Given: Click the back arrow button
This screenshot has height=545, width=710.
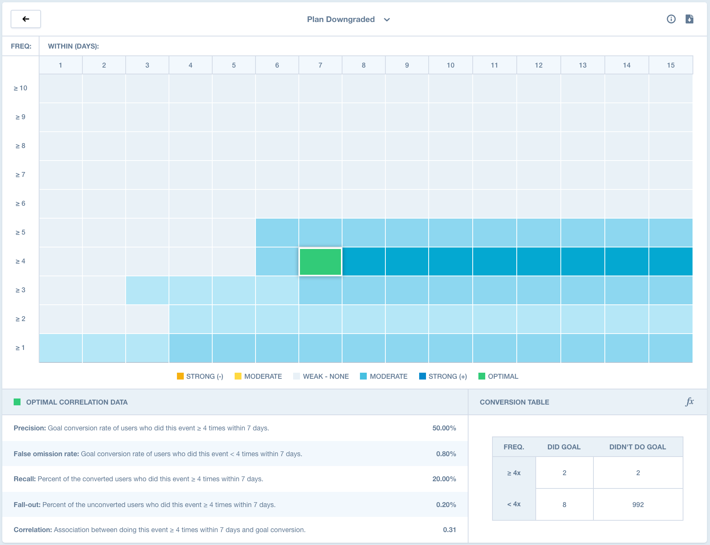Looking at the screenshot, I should [26, 19].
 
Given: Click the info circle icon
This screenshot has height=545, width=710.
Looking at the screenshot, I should [671, 19].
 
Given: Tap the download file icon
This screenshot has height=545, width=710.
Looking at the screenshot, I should [689, 19].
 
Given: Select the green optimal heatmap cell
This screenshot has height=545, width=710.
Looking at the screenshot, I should [320, 261].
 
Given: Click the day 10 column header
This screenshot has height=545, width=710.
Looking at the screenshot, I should [450, 65].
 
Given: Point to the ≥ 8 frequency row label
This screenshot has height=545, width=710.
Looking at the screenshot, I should [20, 146].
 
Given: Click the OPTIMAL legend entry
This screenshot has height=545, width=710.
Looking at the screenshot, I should [498, 376].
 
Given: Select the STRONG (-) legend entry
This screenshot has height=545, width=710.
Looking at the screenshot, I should [200, 376].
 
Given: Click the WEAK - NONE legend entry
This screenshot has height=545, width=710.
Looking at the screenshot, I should [321, 376].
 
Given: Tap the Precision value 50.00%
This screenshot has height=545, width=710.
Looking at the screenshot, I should [444, 428].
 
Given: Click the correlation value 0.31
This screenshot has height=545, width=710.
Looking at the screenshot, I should [449, 530].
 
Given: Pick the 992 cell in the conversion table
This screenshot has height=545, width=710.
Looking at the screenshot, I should [638, 504].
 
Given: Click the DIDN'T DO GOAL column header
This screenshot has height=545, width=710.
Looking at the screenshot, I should [637, 447].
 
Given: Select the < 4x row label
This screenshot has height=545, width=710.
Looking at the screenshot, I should [514, 504].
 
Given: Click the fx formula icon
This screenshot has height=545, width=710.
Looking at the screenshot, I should [689, 402].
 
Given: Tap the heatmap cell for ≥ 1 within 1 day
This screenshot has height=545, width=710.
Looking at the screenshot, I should [61, 348].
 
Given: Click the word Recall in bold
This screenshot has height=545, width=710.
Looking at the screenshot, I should [24, 479].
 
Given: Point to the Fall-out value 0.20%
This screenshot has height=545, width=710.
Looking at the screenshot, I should [446, 505].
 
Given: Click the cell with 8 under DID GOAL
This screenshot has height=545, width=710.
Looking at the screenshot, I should [564, 504].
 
